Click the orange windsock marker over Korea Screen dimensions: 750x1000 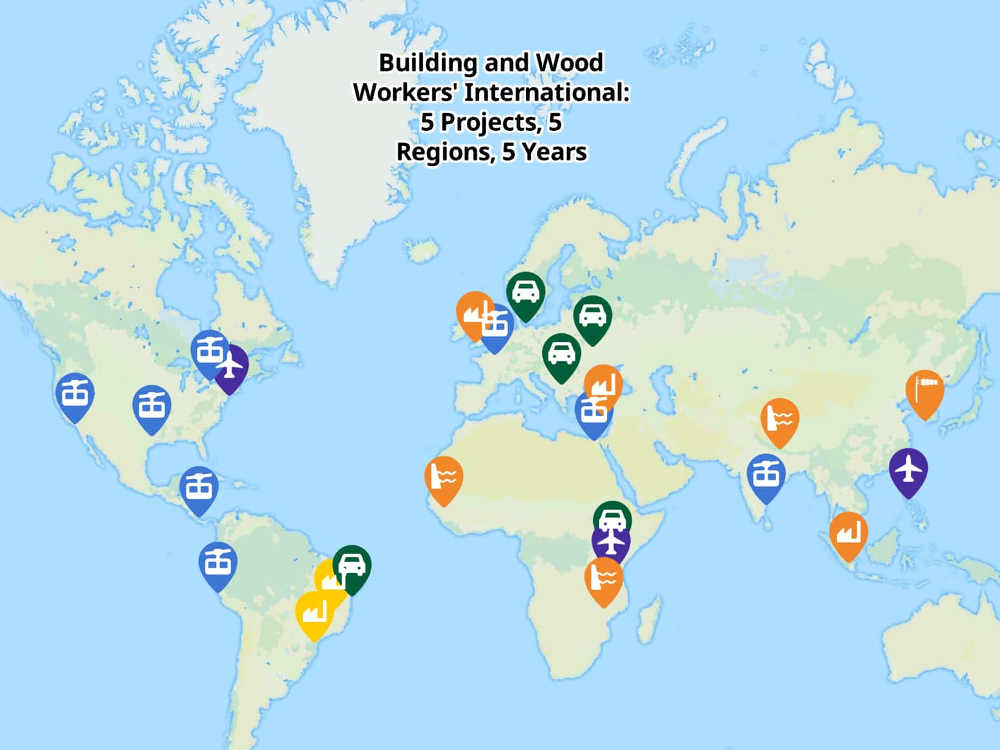[924, 392]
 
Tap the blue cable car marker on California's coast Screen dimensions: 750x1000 [75, 395]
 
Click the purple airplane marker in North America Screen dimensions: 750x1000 [231, 367]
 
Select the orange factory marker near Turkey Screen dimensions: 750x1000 [604, 385]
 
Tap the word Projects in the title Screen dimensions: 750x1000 [488, 122]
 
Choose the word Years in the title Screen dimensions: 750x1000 [554, 152]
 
